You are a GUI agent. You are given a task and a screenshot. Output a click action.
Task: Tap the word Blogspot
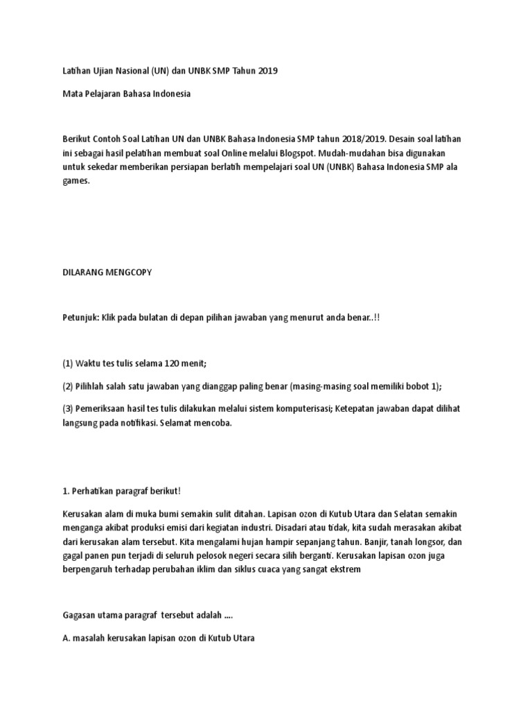pos(337,153)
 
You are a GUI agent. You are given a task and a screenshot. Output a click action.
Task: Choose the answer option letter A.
pos(66,638)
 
